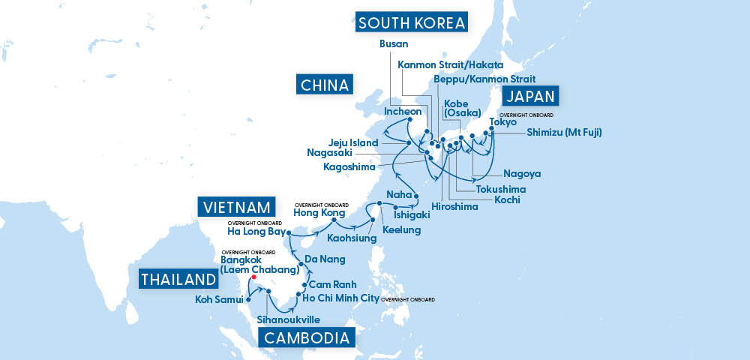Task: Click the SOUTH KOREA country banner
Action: click(412, 22)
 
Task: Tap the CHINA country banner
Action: click(324, 84)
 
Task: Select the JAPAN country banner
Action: click(532, 96)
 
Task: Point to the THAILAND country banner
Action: click(178, 280)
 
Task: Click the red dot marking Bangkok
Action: click(254, 277)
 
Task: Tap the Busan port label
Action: click(394, 44)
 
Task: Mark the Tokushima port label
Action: click(500, 189)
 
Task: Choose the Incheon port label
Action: click(403, 112)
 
